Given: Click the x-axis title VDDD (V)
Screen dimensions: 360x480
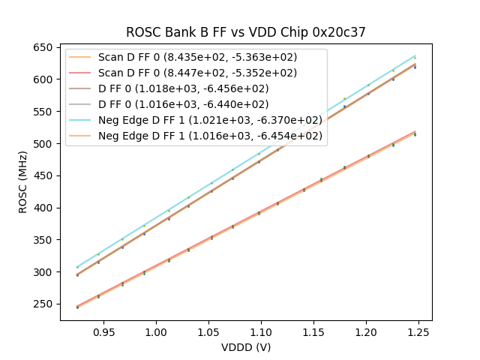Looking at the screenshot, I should tap(246, 347).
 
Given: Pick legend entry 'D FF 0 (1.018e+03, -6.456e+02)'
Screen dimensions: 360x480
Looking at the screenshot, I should tap(184, 88).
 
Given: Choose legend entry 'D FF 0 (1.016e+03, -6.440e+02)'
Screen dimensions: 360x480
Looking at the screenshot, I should tap(184, 104).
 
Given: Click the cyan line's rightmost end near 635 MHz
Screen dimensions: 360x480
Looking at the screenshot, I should tap(415, 55).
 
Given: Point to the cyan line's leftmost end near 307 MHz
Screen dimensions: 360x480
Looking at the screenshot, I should tap(77, 267).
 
